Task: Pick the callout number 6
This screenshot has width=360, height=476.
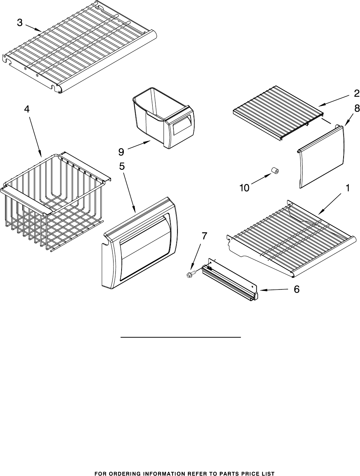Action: (296, 289)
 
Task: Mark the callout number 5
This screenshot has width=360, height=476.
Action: (122, 166)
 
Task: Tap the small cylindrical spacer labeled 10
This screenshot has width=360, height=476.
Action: (275, 171)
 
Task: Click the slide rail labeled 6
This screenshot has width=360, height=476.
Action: (230, 281)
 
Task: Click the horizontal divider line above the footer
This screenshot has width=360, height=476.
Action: (181, 337)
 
